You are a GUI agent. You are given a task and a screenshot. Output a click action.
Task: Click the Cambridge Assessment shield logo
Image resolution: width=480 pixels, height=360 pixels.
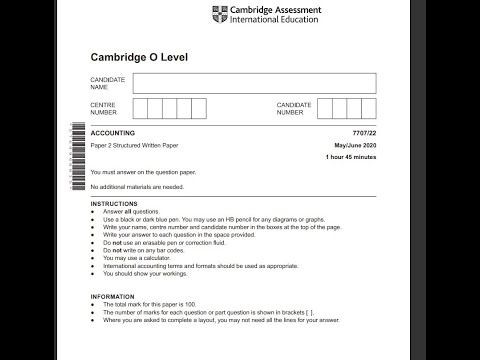pyautogui.click(x=219, y=14)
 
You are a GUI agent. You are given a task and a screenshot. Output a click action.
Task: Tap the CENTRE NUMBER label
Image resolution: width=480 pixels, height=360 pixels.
pyautogui.click(x=104, y=108)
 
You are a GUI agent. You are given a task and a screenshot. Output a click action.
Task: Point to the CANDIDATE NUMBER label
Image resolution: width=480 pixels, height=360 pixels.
pyautogui.click(x=296, y=108)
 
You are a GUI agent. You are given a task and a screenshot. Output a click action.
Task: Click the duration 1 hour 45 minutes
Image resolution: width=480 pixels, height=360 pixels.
pyautogui.click(x=350, y=157)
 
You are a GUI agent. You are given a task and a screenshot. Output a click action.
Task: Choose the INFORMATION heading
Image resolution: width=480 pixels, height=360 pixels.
pyautogui.click(x=112, y=296)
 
